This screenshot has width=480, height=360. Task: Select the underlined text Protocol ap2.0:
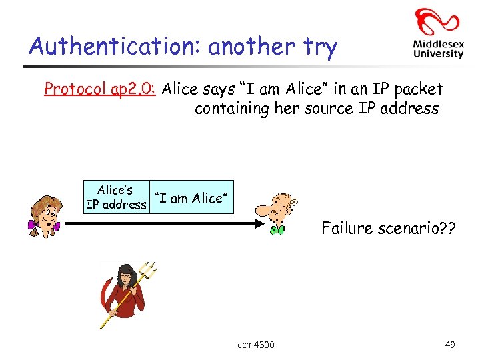[99, 89]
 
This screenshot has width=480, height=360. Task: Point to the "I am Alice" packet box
[191, 197]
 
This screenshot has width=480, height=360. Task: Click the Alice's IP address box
[116, 197]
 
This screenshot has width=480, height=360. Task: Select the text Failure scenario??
[389, 229]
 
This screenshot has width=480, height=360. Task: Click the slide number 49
[450, 345]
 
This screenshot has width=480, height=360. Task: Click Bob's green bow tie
[277, 231]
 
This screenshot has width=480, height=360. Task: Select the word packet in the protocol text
[421, 89]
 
